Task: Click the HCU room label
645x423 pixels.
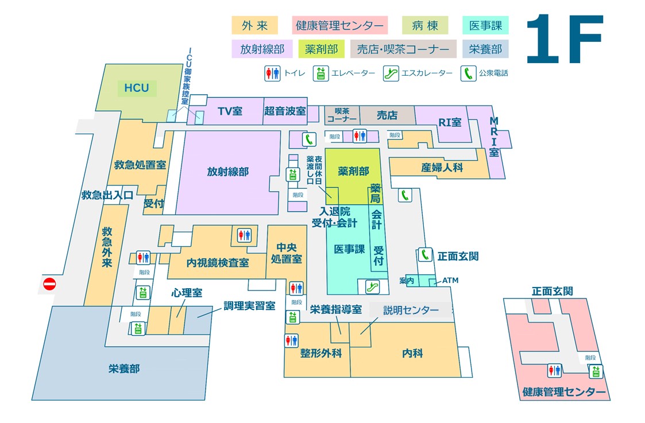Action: click(137, 88)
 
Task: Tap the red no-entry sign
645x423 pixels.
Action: click(50, 284)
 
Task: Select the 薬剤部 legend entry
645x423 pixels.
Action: click(321, 49)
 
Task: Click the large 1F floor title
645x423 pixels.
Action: click(564, 39)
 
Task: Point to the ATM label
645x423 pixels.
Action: click(450, 280)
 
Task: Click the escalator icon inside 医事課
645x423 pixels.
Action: click(372, 286)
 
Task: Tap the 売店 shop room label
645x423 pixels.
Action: click(387, 115)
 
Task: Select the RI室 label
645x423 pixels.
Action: click(450, 122)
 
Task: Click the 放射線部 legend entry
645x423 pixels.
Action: click(262, 49)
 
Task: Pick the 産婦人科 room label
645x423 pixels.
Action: click(442, 168)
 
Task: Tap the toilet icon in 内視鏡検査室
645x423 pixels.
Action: click(244, 235)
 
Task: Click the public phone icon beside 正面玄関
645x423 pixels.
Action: click(425, 255)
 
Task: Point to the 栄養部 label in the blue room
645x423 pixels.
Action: click(124, 368)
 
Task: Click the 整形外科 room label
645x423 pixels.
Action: click(321, 353)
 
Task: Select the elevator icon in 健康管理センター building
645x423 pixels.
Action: click(596, 371)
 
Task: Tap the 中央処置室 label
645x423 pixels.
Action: click(286, 253)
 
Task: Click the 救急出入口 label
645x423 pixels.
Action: click(107, 195)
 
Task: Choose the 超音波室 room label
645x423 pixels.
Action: click(285, 111)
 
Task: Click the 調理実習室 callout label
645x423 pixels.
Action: click(249, 306)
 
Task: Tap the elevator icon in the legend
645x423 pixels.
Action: click(320, 73)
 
